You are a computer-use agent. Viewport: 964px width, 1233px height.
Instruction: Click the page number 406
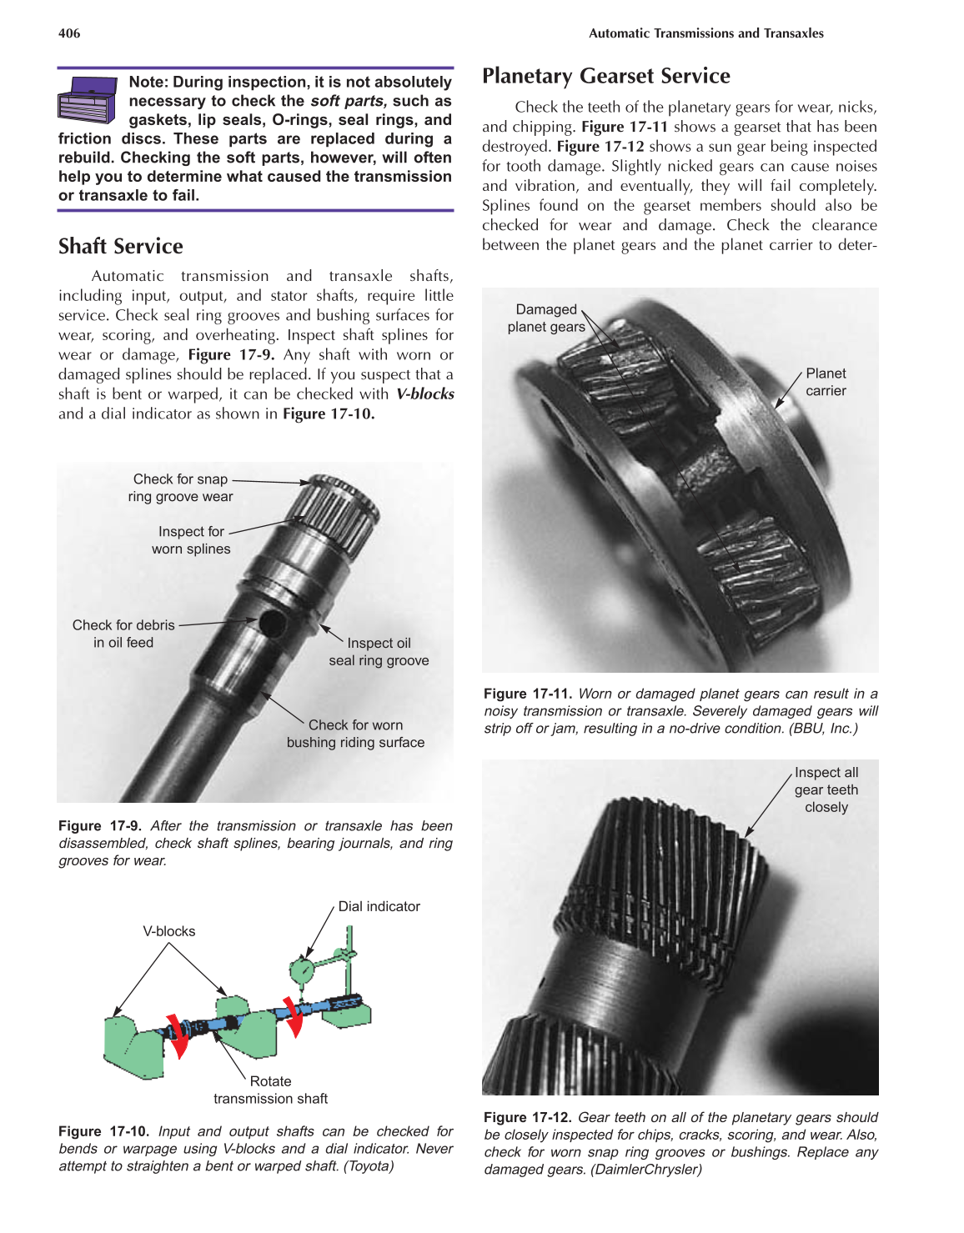(69, 33)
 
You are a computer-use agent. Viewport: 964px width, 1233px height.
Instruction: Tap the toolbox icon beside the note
(87, 100)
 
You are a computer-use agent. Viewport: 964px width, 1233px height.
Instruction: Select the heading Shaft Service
(121, 247)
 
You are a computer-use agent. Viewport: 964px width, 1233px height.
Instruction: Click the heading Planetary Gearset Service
(605, 76)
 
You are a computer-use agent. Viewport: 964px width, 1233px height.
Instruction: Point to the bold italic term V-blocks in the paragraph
(424, 394)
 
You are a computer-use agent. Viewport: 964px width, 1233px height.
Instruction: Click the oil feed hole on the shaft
(271, 623)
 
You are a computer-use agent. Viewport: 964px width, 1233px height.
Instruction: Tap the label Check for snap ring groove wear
(181, 488)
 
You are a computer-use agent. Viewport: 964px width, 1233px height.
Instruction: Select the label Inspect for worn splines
(191, 540)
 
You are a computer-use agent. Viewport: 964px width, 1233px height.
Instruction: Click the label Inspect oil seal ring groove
(379, 652)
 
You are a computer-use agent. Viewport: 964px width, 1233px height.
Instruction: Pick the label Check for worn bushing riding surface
(355, 734)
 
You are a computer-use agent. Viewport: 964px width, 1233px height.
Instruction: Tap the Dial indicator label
(379, 906)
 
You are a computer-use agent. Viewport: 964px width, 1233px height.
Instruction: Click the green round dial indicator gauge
(302, 970)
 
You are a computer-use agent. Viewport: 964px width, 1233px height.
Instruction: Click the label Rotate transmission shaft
(270, 1090)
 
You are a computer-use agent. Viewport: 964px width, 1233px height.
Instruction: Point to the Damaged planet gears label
(546, 318)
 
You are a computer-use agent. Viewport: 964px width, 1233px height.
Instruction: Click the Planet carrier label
(825, 382)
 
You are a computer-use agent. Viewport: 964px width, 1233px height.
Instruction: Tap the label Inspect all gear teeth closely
(826, 789)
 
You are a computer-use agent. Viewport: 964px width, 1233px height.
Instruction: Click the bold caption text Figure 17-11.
(527, 694)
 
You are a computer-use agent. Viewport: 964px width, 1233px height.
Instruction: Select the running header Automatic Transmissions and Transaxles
(705, 33)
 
